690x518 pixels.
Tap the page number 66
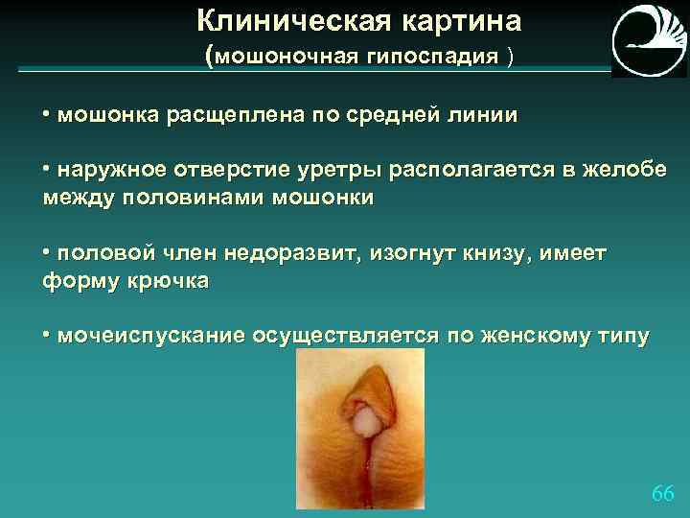[x=662, y=493]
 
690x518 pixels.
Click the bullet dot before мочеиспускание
[x=47, y=337]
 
